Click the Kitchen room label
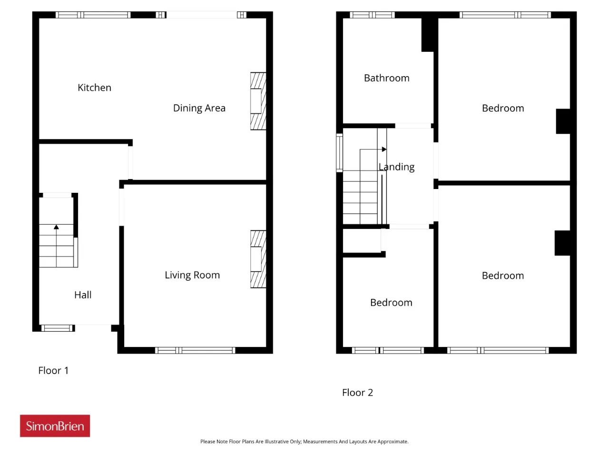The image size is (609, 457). click(x=94, y=88)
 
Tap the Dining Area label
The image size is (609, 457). click(x=199, y=108)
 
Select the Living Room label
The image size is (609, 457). click(x=192, y=275)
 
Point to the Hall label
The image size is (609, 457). click(x=83, y=295)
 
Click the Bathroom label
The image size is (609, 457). click(x=387, y=78)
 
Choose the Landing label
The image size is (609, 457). click(x=396, y=167)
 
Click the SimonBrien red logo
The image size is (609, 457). click(x=55, y=426)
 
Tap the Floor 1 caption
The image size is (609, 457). click(x=53, y=370)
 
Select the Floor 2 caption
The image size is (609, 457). click(x=357, y=393)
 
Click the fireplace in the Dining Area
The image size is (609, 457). click(x=258, y=101)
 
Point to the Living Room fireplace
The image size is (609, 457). click(x=258, y=259)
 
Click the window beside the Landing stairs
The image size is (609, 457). click(x=339, y=153)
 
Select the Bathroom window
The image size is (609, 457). click(x=372, y=15)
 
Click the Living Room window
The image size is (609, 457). click(x=195, y=350)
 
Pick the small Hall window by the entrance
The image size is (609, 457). click(x=57, y=328)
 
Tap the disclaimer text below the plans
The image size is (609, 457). click(x=304, y=441)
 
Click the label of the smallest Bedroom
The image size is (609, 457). click(x=391, y=302)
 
